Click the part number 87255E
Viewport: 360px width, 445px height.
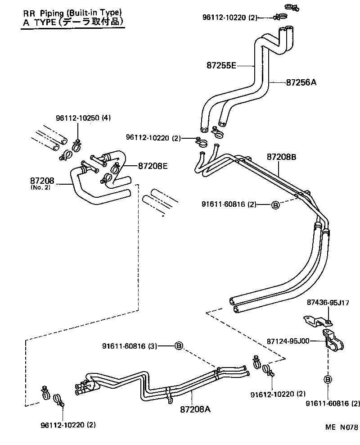[221, 66]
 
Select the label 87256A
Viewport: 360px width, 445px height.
[301, 82]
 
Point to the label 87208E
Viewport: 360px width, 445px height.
[153, 166]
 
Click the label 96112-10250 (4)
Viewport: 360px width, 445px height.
[76, 118]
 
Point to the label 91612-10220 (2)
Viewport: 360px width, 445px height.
[278, 394]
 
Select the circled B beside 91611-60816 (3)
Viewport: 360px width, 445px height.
[179, 345]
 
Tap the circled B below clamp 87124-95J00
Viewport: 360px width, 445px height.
[328, 380]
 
